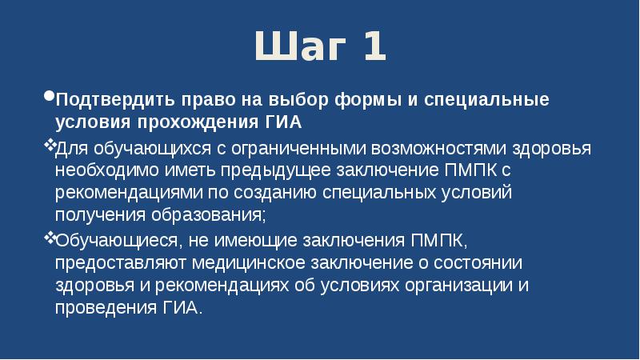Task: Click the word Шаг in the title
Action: pyautogui.click(x=295, y=47)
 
